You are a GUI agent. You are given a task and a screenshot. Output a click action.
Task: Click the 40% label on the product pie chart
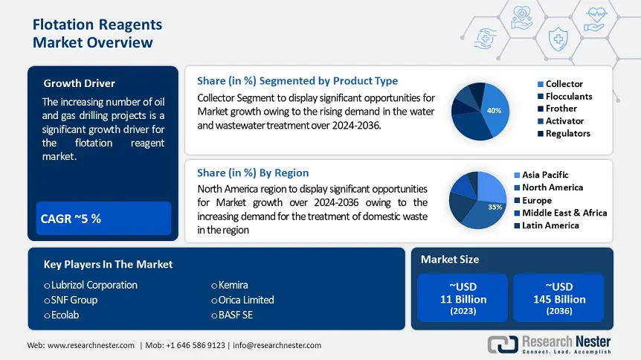click(494, 110)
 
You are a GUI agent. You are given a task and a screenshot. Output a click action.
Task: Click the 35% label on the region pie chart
click(495, 207)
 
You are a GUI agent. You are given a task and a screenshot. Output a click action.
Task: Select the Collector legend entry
click(564, 84)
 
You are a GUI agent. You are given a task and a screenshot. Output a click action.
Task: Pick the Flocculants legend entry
click(569, 96)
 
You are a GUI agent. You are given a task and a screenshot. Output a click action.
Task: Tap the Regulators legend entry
click(567, 133)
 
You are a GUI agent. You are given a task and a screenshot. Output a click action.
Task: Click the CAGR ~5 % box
click(103, 218)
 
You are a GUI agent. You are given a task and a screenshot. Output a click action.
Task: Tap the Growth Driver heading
click(79, 83)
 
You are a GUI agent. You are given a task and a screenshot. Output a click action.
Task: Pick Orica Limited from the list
click(246, 300)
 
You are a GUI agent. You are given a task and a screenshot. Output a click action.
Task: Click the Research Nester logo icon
click(502, 344)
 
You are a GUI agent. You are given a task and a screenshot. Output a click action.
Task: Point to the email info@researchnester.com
click(278, 345)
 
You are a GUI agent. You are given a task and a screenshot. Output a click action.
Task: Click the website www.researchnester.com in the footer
click(91, 345)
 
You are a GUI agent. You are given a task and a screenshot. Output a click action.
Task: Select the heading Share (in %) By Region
click(253, 173)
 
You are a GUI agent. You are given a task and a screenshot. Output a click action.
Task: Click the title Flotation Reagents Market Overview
click(97, 33)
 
